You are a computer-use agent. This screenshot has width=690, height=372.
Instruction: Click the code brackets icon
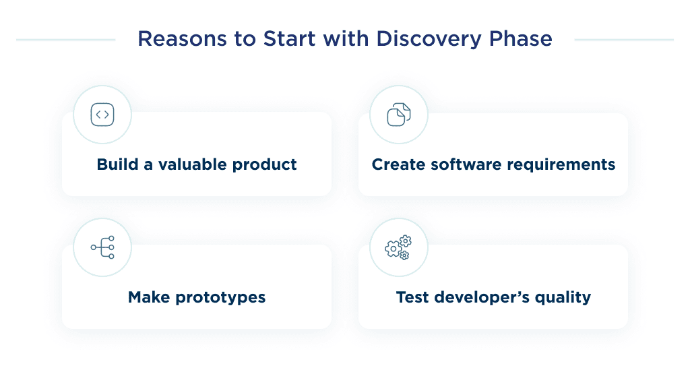102,115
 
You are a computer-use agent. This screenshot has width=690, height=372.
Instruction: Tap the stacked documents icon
399,115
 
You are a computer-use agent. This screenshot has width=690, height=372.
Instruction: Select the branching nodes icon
102,247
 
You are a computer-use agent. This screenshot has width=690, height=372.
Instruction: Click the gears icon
399,247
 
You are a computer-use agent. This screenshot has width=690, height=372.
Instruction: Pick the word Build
117,164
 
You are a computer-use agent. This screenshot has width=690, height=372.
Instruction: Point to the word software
460,164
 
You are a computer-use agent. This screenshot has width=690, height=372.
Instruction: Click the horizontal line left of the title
65,40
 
